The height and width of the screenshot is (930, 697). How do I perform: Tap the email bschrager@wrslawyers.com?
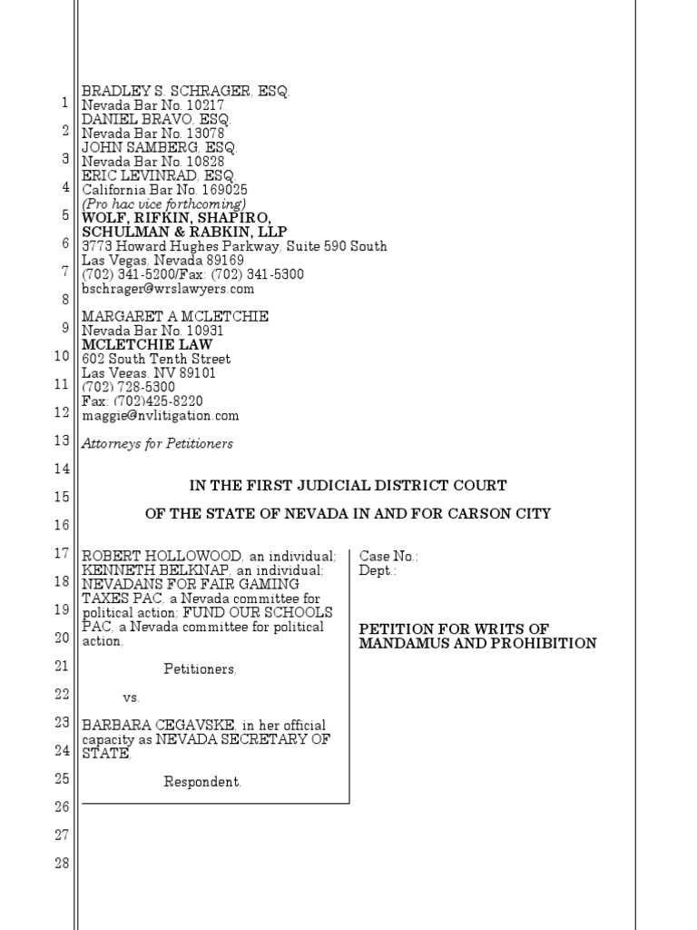(x=168, y=289)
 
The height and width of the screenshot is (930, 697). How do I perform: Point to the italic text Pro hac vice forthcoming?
(x=164, y=204)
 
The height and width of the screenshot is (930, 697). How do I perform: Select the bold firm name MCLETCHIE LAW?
(x=147, y=345)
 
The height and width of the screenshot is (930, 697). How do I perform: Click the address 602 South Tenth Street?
(x=155, y=359)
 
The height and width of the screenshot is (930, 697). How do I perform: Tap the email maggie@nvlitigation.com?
(x=161, y=415)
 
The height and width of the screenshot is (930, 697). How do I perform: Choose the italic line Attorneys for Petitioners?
(x=157, y=443)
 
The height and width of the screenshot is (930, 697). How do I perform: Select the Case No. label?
(x=389, y=555)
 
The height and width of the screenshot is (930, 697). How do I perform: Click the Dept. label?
(x=378, y=569)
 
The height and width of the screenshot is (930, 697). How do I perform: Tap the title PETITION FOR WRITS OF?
(x=454, y=628)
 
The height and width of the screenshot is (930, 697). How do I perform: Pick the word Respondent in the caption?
(x=201, y=781)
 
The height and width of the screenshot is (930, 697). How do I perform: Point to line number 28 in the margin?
(x=63, y=863)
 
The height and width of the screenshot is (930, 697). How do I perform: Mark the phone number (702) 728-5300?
(x=129, y=387)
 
